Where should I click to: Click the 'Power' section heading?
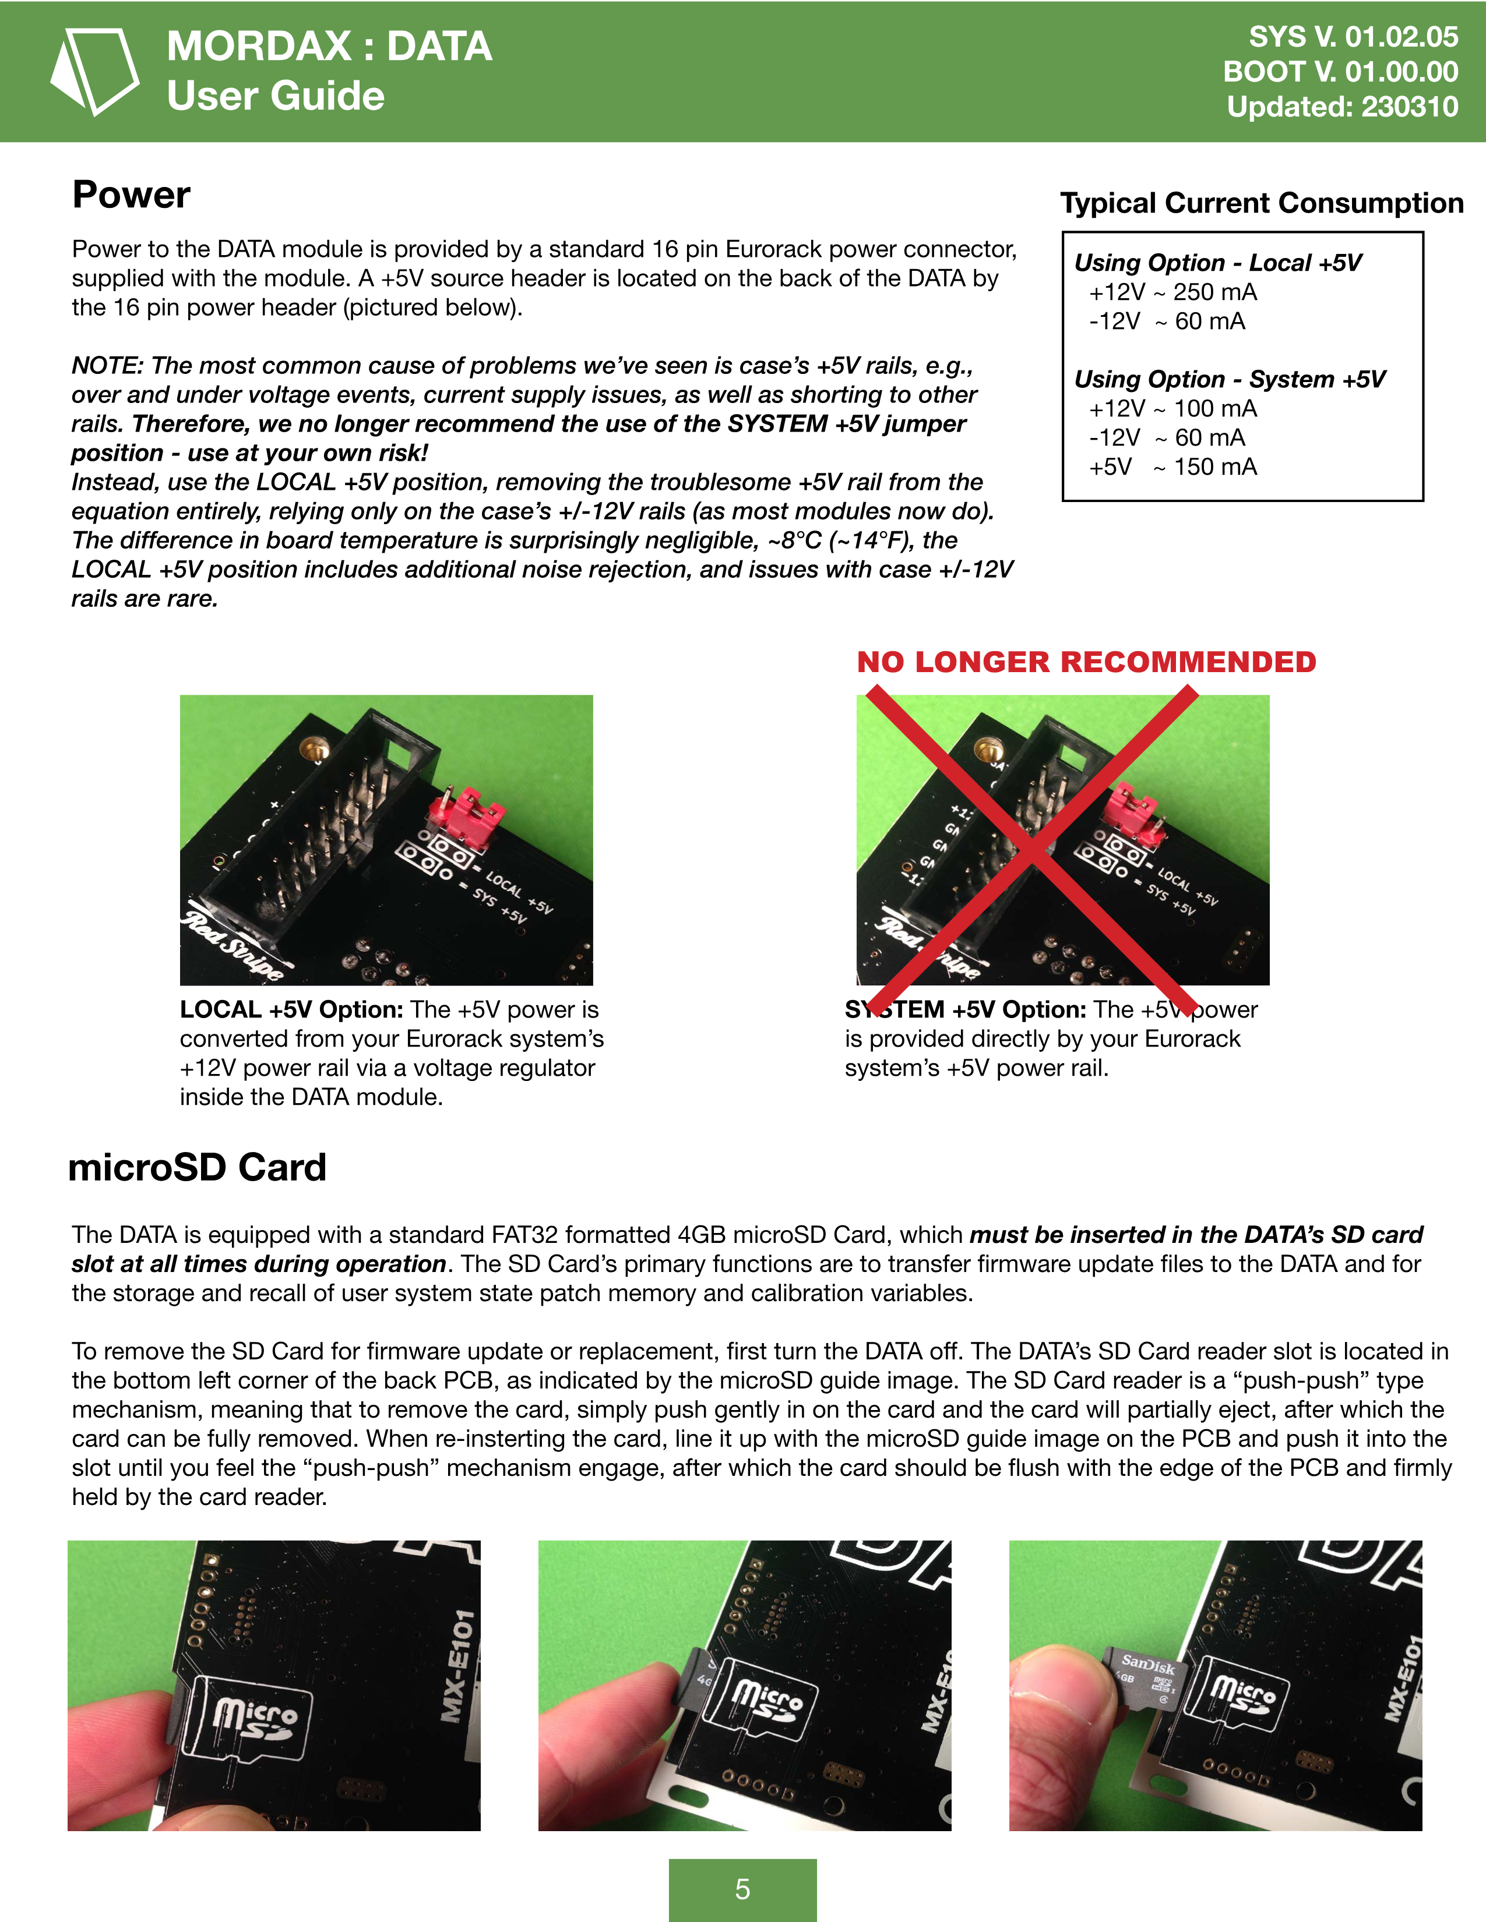tap(131, 195)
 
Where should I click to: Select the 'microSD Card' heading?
tap(197, 1168)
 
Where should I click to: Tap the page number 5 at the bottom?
tap(742, 1889)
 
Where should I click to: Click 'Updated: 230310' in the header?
tap(1341, 107)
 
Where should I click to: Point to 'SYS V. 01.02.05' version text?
tap(1353, 37)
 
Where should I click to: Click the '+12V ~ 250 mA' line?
tap(1172, 292)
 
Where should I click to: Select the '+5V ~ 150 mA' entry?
tap(1172, 467)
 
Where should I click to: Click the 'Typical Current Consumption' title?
tap(1260, 203)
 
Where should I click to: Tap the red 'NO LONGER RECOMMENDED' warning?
tap(1086, 662)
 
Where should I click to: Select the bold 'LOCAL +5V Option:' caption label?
tap(291, 1009)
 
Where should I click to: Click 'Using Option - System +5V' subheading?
tap(1229, 379)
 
